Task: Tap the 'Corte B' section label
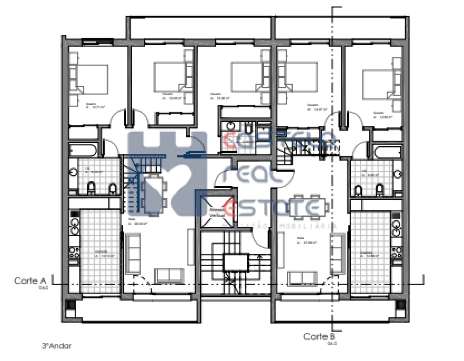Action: (x=319, y=336)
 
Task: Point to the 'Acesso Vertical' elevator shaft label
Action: (x=216, y=212)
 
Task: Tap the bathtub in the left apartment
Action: (x=84, y=150)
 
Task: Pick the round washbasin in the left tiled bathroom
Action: (x=74, y=173)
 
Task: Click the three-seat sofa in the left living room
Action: (x=133, y=252)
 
